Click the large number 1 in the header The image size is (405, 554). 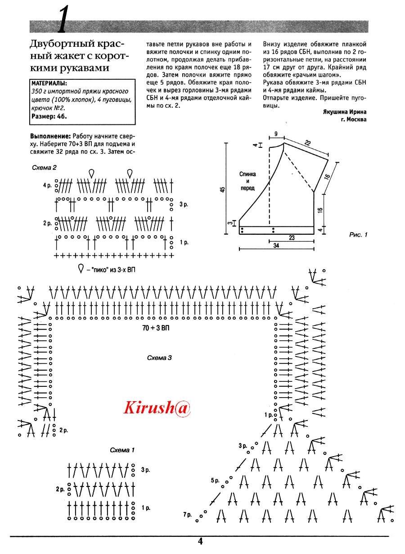(63, 21)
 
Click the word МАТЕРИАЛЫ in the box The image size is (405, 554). (49, 83)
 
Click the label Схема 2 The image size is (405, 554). (45, 167)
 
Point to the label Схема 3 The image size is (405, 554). (159, 358)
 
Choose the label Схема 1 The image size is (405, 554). (122, 450)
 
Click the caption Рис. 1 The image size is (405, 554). (359, 234)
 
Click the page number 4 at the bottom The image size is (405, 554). (200, 542)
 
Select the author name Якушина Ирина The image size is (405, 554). (345, 112)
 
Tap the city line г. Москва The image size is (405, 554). (354, 119)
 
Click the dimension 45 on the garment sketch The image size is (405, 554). (222, 189)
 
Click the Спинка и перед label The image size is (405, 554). (247, 180)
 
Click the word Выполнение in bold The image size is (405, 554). (50, 136)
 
